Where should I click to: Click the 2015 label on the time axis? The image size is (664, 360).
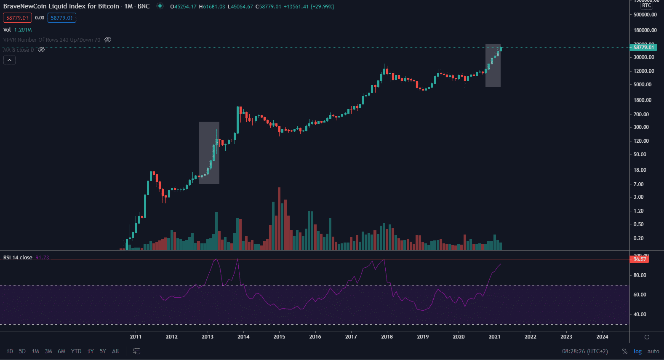coord(279,336)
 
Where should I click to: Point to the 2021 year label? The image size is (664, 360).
coord(494,336)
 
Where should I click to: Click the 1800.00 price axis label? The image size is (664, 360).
coord(642,100)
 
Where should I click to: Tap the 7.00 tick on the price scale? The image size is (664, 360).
coord(638,184)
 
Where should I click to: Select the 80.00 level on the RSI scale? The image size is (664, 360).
coord(640,275)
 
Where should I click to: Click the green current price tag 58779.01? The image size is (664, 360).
coord(643,48)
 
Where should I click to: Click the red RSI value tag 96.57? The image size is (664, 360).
coord(639,259)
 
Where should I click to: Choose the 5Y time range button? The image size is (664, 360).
coord(103,351)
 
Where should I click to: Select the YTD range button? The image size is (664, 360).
coord(76,351)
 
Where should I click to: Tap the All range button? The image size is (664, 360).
coord(115,351)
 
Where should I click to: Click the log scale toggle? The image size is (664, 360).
coord(637,352)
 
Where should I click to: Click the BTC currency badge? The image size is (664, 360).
coord(647,5)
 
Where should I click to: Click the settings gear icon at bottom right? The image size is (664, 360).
coord(647,337)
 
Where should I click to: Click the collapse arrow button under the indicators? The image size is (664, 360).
coord(9,60)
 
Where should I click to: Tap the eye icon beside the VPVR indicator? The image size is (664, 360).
coord(108,40)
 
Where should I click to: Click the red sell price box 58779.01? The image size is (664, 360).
coord(17,18)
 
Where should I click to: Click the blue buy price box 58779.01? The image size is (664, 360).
coord(62,18)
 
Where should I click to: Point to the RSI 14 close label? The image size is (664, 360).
coord(18,258)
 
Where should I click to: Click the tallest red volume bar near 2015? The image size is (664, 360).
coord(279,219)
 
